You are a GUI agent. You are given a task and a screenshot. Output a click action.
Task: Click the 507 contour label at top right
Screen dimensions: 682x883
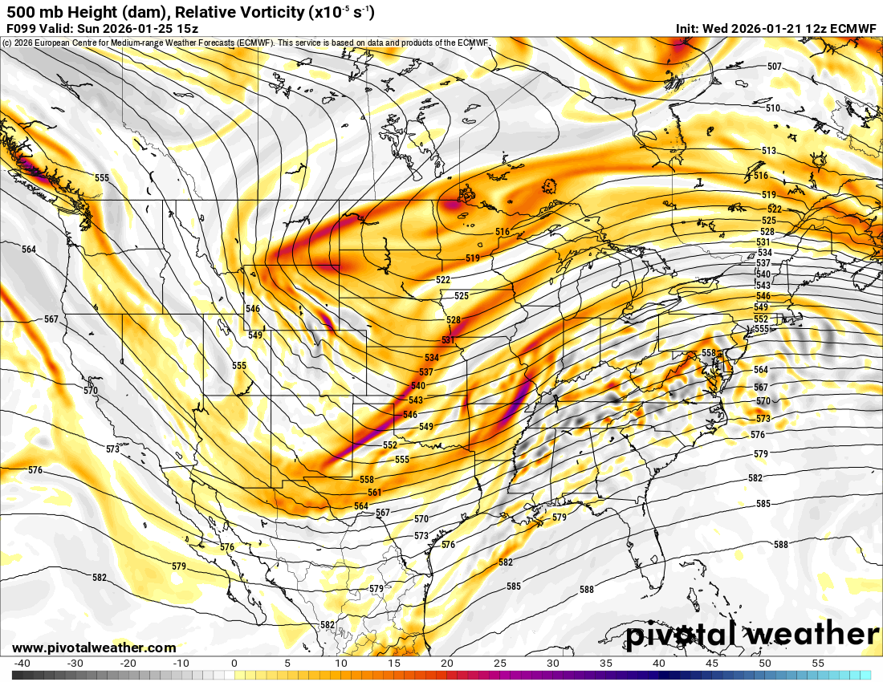tap(774, 67)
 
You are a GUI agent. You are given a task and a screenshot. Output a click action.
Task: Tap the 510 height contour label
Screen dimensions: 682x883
tap(772, 108)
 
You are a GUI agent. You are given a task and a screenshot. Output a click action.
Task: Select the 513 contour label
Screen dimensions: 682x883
tap(769, 151)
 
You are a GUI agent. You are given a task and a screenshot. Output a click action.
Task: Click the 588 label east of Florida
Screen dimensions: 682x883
tap(780, 544)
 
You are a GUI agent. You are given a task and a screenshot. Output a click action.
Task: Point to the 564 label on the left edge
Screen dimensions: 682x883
tap(29, 250)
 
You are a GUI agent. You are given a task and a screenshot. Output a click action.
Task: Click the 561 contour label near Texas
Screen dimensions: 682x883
tap(375, 492)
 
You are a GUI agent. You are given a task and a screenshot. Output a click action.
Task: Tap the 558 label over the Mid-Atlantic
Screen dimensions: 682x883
tap(708, 352)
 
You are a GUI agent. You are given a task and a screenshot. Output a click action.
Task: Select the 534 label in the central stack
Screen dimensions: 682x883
tap(432, 358)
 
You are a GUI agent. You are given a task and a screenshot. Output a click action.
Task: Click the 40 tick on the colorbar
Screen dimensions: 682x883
tap(659, 664)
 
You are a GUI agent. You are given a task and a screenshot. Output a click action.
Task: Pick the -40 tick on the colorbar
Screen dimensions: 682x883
tap(22, 664)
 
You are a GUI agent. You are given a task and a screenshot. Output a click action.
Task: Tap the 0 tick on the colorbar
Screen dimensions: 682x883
tap(234, 664)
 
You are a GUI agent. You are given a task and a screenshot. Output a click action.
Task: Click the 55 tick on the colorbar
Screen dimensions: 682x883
tap(818, 664)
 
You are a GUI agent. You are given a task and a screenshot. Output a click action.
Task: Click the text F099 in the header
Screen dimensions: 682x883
tap(22, 28)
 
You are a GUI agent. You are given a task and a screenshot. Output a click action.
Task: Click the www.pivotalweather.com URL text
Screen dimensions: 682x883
tap(94, 647)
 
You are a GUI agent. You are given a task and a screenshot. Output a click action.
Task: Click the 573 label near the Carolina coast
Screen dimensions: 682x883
tap(763, 419)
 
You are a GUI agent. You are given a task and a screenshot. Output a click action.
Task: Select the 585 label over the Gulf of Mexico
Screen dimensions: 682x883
tap(514, 587)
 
